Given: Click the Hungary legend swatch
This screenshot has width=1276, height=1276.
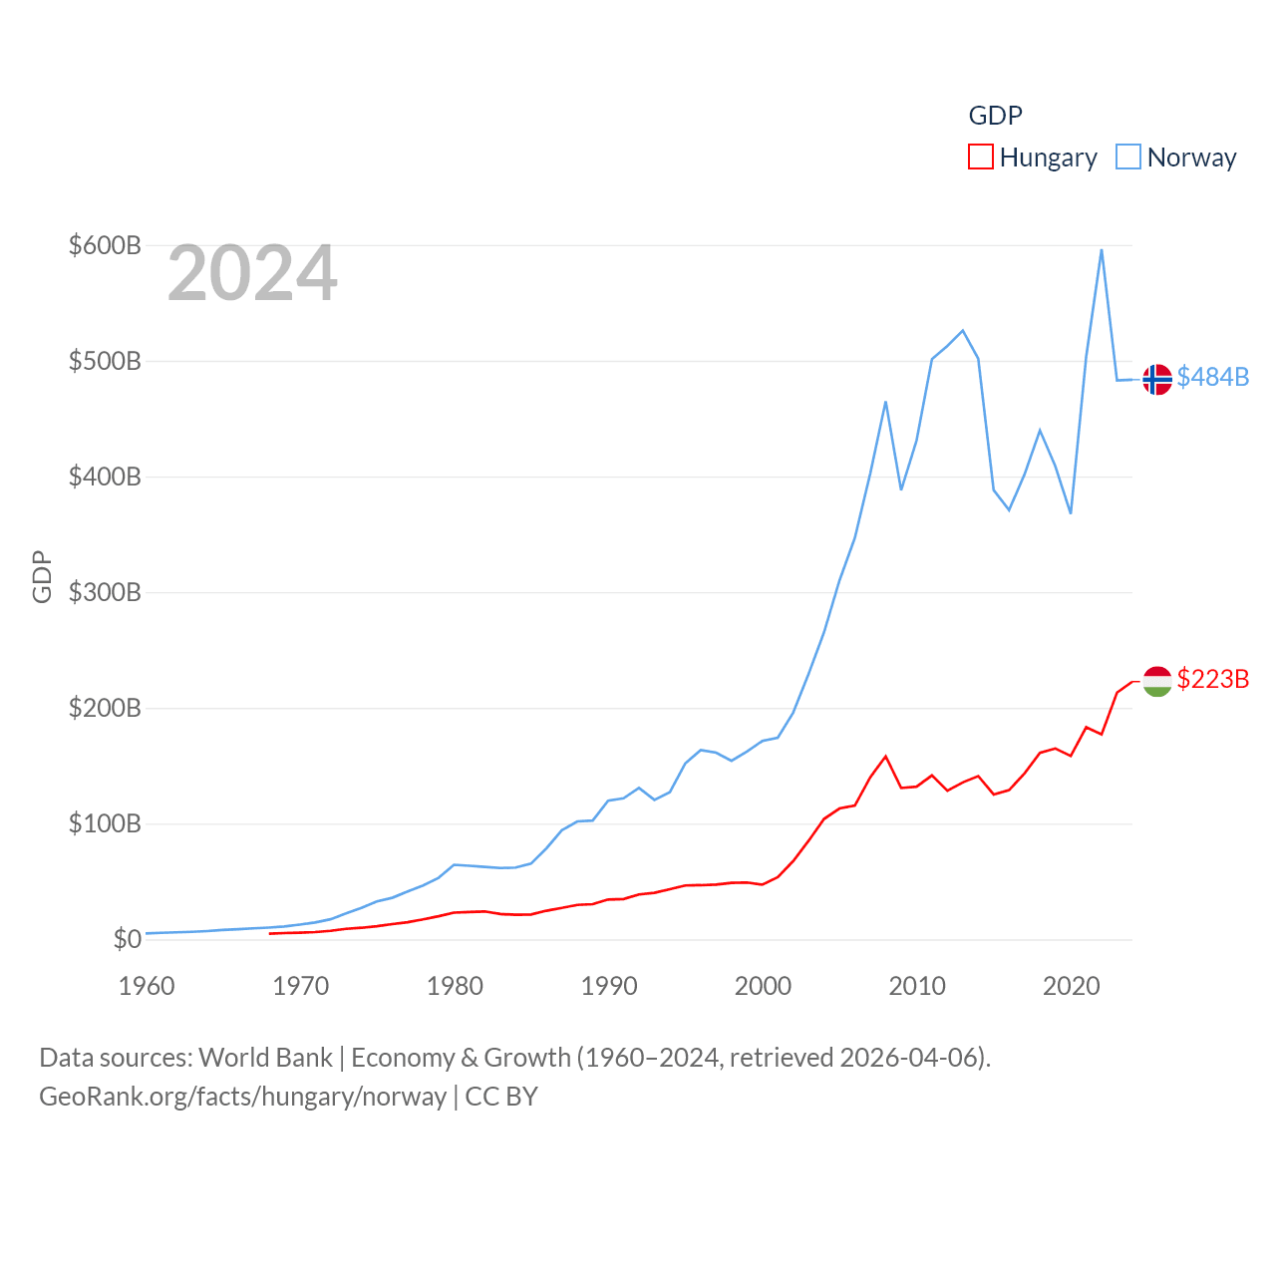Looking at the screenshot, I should [981, 158].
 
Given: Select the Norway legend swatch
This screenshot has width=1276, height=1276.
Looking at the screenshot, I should [1128, 158].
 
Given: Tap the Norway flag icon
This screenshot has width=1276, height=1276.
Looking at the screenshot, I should [1157, 380].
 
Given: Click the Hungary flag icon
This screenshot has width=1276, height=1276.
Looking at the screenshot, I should [1157, 682].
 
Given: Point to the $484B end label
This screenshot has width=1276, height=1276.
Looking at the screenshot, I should [1212, 377].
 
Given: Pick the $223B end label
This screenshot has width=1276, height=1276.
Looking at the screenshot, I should [1212, 679].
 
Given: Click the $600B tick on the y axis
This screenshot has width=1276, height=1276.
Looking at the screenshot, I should [105, 245].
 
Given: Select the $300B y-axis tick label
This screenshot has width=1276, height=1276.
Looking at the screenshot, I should [105, 592].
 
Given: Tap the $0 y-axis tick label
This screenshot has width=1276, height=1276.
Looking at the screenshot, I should [127, 939].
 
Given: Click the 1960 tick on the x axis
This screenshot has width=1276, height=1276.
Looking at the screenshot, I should [147, 986].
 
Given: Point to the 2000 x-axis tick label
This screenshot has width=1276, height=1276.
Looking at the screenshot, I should [763, 986].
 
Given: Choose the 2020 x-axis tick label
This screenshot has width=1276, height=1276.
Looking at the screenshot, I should [1071, 986].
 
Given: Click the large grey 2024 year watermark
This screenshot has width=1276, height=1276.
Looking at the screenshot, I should [252, 273].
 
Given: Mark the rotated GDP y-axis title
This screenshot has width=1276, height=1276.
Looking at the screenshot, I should [42, 576].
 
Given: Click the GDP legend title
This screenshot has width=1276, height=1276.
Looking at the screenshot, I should [995, 116].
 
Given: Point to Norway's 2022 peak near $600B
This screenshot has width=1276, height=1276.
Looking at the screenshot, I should [1102, 249].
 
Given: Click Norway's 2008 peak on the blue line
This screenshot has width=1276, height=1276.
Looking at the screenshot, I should [885, 402].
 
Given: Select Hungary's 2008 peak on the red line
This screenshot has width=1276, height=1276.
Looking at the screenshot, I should [885, 757].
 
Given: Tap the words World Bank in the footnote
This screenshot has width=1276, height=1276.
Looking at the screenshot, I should [265, 1057].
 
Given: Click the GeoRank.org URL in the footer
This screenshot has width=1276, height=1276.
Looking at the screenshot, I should [242, 1097].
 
